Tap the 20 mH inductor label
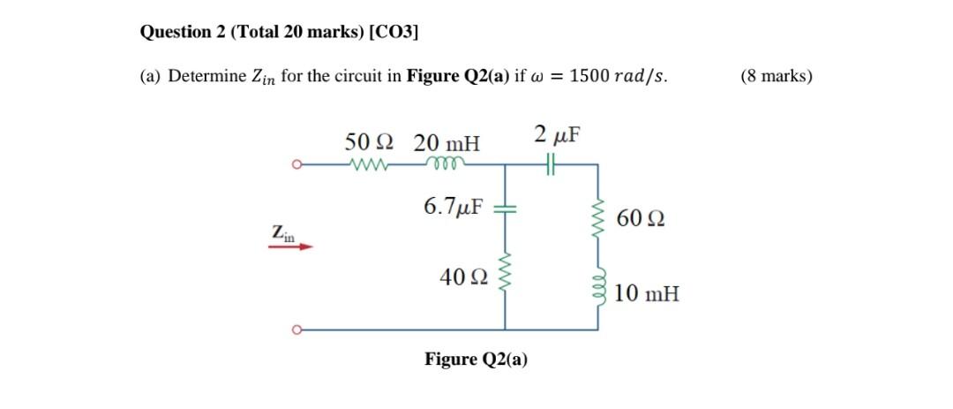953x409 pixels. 447,142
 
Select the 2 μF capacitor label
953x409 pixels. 558,135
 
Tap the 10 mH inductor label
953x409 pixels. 647,293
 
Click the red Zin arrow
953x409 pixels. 290,247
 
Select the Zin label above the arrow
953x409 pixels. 283,233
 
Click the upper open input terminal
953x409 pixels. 298,164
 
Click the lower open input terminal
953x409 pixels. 298,331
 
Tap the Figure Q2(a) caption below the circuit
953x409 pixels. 476,360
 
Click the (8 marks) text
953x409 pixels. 777,76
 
